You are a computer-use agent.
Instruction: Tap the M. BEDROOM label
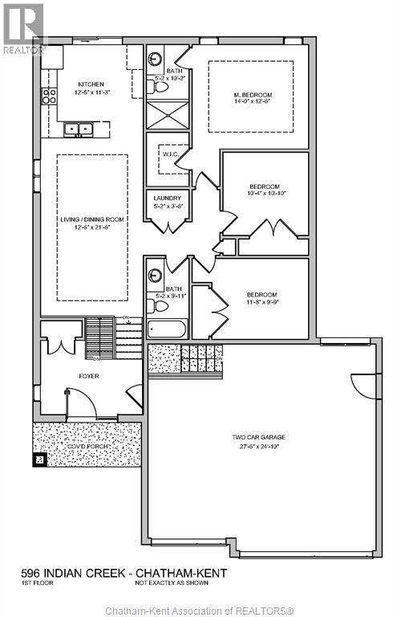[250, 94]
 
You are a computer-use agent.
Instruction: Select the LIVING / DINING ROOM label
[92, 219]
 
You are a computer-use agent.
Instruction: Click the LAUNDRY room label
[168, 198]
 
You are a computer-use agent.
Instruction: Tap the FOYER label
[88, 375]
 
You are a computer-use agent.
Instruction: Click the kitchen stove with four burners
[50, 96]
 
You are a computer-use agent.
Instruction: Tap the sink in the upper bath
[155, 59]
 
